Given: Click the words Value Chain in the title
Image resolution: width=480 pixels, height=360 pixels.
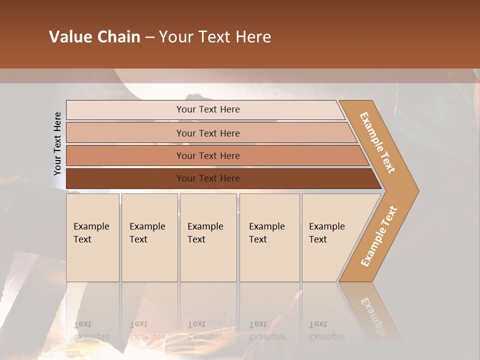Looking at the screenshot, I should tap(94, 37).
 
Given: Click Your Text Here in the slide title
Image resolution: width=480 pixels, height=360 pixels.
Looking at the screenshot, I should tap(215, 37).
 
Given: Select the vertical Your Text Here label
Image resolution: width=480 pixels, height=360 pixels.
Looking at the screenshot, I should tap(57, 143).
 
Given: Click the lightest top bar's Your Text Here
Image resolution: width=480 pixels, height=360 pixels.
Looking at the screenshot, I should tap(208, 109).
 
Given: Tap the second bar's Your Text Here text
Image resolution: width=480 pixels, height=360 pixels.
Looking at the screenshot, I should tap(208, 133).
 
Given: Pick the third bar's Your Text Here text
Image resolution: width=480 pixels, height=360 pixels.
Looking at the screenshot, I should tap(208, 156).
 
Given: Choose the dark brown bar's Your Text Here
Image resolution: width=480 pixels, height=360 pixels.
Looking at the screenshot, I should tap(208, 178).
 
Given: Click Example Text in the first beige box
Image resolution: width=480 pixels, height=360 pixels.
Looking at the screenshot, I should tap(91, 233).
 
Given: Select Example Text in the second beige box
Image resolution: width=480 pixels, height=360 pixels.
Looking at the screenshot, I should tap(147, 233).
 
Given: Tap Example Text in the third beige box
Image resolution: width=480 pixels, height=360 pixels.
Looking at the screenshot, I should tap(205, 233).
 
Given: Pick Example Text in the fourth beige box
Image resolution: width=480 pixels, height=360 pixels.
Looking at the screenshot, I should tap(266, 233).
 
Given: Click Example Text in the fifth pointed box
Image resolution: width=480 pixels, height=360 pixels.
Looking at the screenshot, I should tap(326, 233).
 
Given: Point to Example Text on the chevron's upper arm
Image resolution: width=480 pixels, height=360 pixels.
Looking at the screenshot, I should tap(377, 142).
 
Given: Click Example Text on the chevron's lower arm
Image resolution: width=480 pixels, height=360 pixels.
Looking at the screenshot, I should tap(379, 236).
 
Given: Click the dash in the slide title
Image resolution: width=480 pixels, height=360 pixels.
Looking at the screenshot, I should tap(149, 37).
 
